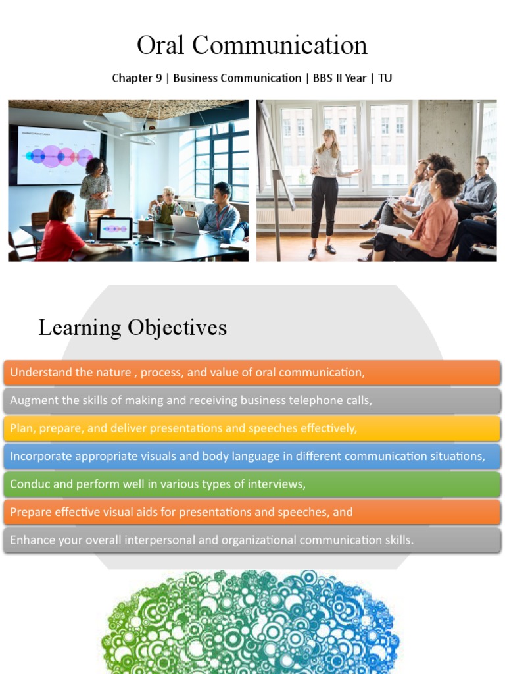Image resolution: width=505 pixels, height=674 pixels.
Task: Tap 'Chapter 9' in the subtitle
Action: point(137,78)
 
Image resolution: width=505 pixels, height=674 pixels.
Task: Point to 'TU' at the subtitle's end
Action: point(385,78)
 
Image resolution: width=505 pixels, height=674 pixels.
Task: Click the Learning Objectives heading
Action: point(132,328)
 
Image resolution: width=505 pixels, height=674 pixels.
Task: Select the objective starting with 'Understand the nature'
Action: point(187,373)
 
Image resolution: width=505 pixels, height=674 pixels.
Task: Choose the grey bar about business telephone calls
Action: point(191,400)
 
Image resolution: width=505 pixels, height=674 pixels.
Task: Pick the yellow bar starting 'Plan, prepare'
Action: point(183,428)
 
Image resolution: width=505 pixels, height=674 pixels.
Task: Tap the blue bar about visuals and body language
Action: point(247,456)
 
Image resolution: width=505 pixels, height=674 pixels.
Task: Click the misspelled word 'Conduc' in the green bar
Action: point(28,484)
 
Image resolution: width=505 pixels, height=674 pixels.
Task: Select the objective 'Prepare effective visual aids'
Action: point(181,512)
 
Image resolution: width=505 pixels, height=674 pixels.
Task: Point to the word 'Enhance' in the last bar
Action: point(30,540)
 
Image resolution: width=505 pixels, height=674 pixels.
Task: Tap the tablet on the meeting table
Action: point(114,229)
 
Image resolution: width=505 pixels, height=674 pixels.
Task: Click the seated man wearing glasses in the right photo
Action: point(477,188)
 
